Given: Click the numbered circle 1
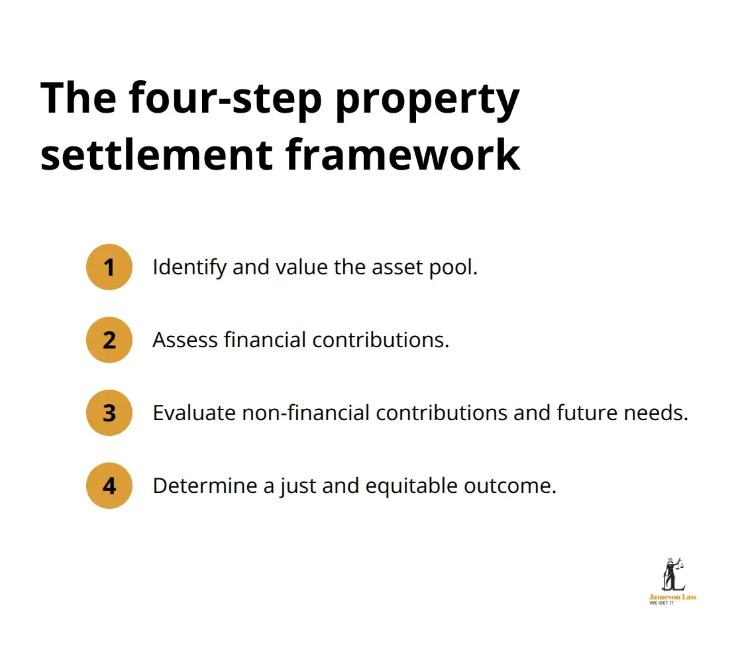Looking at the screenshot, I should [109, 267].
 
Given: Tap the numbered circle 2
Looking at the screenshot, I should [109, 340].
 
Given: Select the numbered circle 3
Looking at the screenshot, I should [109, 413].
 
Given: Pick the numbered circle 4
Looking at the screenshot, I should [109, 486].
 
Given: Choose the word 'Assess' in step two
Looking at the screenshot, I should [185, 340].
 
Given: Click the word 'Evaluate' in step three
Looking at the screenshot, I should [193, 413].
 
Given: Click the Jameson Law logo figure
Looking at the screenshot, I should [674, 574].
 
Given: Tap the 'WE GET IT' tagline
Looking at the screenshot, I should [661, 604].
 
